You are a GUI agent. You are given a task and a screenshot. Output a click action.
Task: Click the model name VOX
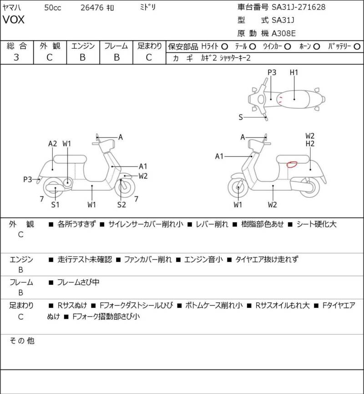tap(14, 20)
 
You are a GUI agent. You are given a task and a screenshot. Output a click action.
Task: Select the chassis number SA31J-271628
tap(298, 7)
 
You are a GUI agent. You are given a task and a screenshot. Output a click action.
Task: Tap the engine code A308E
tap(283, 33)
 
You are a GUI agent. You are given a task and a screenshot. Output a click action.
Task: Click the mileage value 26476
tap(92, 8)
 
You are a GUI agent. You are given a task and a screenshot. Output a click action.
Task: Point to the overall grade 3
tap(16, 57)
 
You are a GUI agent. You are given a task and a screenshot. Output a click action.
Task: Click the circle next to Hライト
tap(224, 46)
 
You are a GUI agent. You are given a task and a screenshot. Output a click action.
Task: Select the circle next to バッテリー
tap(357, 46)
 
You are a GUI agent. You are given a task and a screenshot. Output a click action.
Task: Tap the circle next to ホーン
tap(316, 46)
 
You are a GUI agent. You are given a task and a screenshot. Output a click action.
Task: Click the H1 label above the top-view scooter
tap(294, 72)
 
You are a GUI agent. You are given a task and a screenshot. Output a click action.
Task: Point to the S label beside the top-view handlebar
tap(241, 117)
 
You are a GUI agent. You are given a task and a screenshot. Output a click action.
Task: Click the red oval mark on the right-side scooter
tap(292, 164)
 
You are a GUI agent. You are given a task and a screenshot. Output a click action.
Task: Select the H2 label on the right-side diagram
tap(310, 144)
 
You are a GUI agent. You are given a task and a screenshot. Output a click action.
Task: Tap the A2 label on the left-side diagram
tap(52, 144)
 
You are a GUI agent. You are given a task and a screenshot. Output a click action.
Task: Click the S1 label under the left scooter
tap(55, 205)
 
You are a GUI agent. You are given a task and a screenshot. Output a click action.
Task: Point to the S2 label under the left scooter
tap(121, 205)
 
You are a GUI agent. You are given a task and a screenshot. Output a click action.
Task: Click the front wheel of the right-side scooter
tap(238, 187)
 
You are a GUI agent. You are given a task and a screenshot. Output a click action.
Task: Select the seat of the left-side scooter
tap(70, 159)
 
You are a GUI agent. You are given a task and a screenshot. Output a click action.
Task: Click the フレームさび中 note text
tap(78, 282)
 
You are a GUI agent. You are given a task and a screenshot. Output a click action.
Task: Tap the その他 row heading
tap(22, 341)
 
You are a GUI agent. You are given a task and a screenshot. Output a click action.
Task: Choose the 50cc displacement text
tap(53, 8)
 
